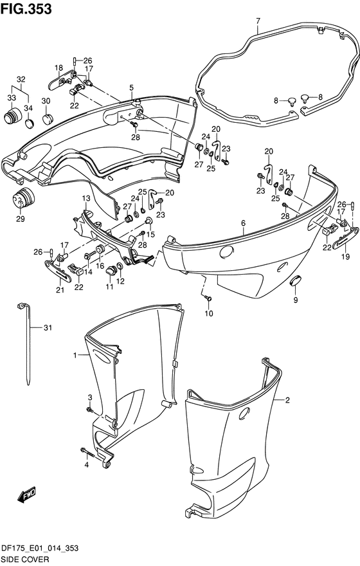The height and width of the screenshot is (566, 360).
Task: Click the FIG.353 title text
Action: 26,8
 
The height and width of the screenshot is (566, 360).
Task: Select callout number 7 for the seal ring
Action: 258,21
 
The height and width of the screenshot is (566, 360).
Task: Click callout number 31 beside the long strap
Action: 48,327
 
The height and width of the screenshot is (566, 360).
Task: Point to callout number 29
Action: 20,219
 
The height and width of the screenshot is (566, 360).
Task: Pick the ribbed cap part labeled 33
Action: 13,115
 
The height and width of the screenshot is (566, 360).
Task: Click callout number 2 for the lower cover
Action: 287,400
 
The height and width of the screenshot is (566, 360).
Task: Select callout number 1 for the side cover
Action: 75,356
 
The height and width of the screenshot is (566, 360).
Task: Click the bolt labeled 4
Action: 87,452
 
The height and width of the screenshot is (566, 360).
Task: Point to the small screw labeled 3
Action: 89,409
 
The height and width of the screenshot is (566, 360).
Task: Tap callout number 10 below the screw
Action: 209,313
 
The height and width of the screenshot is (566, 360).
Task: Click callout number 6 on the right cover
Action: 244,223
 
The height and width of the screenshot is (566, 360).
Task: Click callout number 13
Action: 86,198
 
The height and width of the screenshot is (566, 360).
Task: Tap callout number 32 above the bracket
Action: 21,79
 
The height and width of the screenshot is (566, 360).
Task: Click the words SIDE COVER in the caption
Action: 24,560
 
